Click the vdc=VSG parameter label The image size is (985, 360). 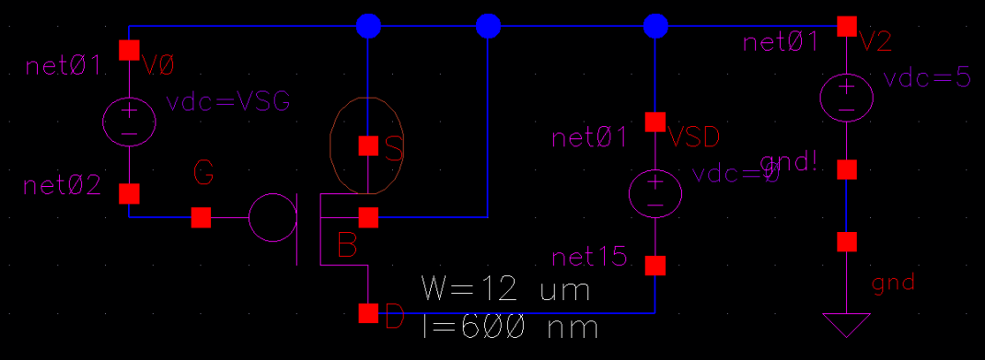click(x=227, y=103)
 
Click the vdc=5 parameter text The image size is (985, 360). click(x=926, y=78)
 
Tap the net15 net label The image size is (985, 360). click(x=590, y=258)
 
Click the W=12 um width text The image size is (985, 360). click(x=504, y=290)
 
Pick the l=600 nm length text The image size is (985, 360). click(x=509, y=328)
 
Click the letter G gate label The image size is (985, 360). click(x=205, y=172)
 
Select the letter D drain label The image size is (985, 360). click(x=394, y=319)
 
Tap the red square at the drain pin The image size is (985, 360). click(x=368, y=313)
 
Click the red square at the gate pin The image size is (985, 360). click(x=201, y=217)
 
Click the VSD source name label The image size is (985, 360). click(x=694, y=138)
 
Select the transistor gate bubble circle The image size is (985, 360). click(x=272, y=217)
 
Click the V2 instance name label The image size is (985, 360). click(x=875, y=41)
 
